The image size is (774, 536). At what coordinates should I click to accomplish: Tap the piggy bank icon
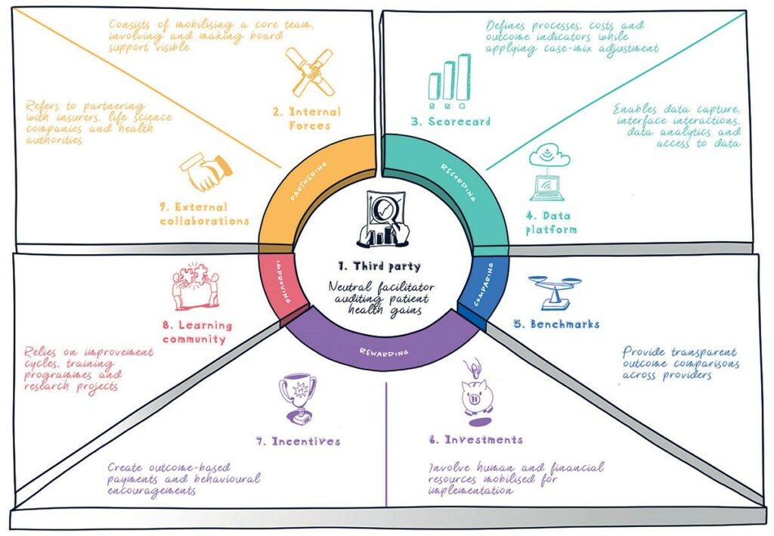coord(478,392)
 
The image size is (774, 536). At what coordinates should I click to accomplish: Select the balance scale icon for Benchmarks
coord(555,292)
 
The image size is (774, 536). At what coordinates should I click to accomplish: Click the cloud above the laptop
coord(550,156)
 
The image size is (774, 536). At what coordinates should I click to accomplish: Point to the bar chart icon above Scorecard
coord(449,82)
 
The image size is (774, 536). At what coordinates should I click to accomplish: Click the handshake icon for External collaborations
coord(206,172)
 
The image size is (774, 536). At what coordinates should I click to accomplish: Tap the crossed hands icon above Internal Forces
coord(310,72)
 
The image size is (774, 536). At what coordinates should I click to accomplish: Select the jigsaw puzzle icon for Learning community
coord(196,287)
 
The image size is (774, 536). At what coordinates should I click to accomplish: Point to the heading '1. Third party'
coord(379,267)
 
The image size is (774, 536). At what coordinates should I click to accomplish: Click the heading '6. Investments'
coord(476,440)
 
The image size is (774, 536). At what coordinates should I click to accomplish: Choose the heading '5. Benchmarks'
coord(557,324)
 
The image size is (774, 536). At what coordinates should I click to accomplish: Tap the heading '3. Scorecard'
coord(450,122)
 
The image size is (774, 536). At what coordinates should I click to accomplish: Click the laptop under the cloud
coord(547,188)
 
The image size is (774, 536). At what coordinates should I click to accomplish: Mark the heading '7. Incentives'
coord(298,442)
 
